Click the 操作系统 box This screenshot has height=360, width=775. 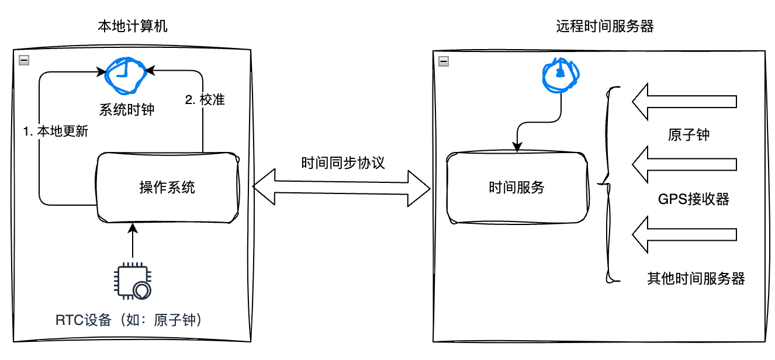168,188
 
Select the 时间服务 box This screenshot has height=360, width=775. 516,188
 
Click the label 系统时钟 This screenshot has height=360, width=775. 126,109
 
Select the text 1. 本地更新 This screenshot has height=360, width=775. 56,131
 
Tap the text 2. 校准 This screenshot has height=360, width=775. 205,100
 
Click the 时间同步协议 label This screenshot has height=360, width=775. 343,162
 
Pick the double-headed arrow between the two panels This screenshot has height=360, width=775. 341,188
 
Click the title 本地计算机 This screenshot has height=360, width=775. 133,26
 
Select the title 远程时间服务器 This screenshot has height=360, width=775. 605,26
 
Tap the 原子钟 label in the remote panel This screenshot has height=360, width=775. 688,134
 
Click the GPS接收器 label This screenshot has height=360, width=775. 693,199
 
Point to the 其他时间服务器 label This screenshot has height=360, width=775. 696,278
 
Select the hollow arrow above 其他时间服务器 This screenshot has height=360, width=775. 684,234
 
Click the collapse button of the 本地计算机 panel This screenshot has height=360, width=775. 24,59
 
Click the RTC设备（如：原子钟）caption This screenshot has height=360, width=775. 132,320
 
